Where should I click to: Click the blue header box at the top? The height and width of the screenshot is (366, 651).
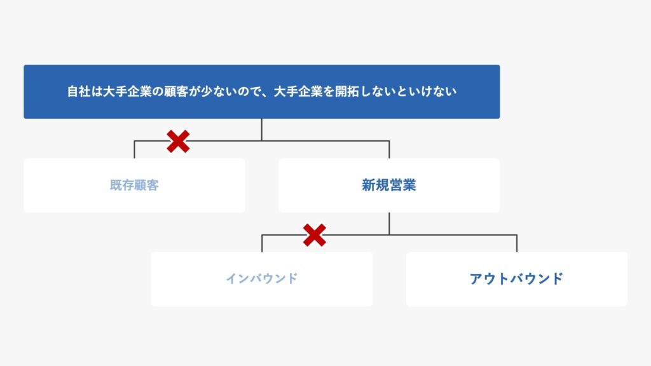(x=261, y=91)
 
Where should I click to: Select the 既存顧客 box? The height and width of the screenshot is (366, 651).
(x=134, y=185)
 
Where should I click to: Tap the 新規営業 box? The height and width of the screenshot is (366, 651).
(x=389, y=185)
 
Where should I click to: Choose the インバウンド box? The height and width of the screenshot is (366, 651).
(x=261, y=279)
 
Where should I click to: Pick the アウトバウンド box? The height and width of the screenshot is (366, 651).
(x=517, y=279)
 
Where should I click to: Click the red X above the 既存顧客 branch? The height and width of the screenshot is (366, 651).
(x=178, y=142)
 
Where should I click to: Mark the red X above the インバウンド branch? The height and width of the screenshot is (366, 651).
(x=314, y=235)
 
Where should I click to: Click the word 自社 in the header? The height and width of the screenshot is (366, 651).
(x=79, y=91)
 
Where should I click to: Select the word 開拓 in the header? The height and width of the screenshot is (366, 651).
(x=347, y=91)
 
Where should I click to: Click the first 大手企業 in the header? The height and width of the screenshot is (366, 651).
(x=127, y=91)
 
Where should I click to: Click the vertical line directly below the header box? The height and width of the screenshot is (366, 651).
(x=261, y=130)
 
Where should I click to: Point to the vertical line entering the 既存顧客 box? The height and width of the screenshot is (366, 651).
(x=134, y=149)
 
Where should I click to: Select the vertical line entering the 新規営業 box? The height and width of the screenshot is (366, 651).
(x=389, y=149)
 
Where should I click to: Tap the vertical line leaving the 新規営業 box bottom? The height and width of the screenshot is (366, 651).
(x=389, y=224)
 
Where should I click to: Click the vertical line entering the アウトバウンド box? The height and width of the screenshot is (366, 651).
(x=517, y=243)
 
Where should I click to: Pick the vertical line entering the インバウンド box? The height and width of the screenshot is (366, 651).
(x=262, y=243)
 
